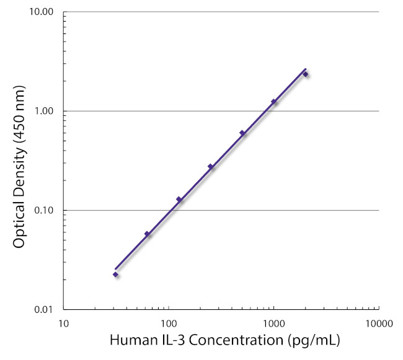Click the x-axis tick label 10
click(x=63, y=323)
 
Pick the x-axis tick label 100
click(x=168, y=323)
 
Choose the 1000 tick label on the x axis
click(x=273, y=323)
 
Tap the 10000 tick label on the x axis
click(x=378, y=323)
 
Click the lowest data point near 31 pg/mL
click(x=115, y=274)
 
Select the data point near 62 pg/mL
click(x=147, y=234)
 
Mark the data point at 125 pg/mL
click(x=179, y=199)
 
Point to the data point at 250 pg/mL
click(x=210, y=166)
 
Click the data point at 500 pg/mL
click(x=242, y=133)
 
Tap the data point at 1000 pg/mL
click(x=273, y=102)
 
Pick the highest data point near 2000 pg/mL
click(x=305, y=74)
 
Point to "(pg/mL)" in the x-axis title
click(x=316, y=341)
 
